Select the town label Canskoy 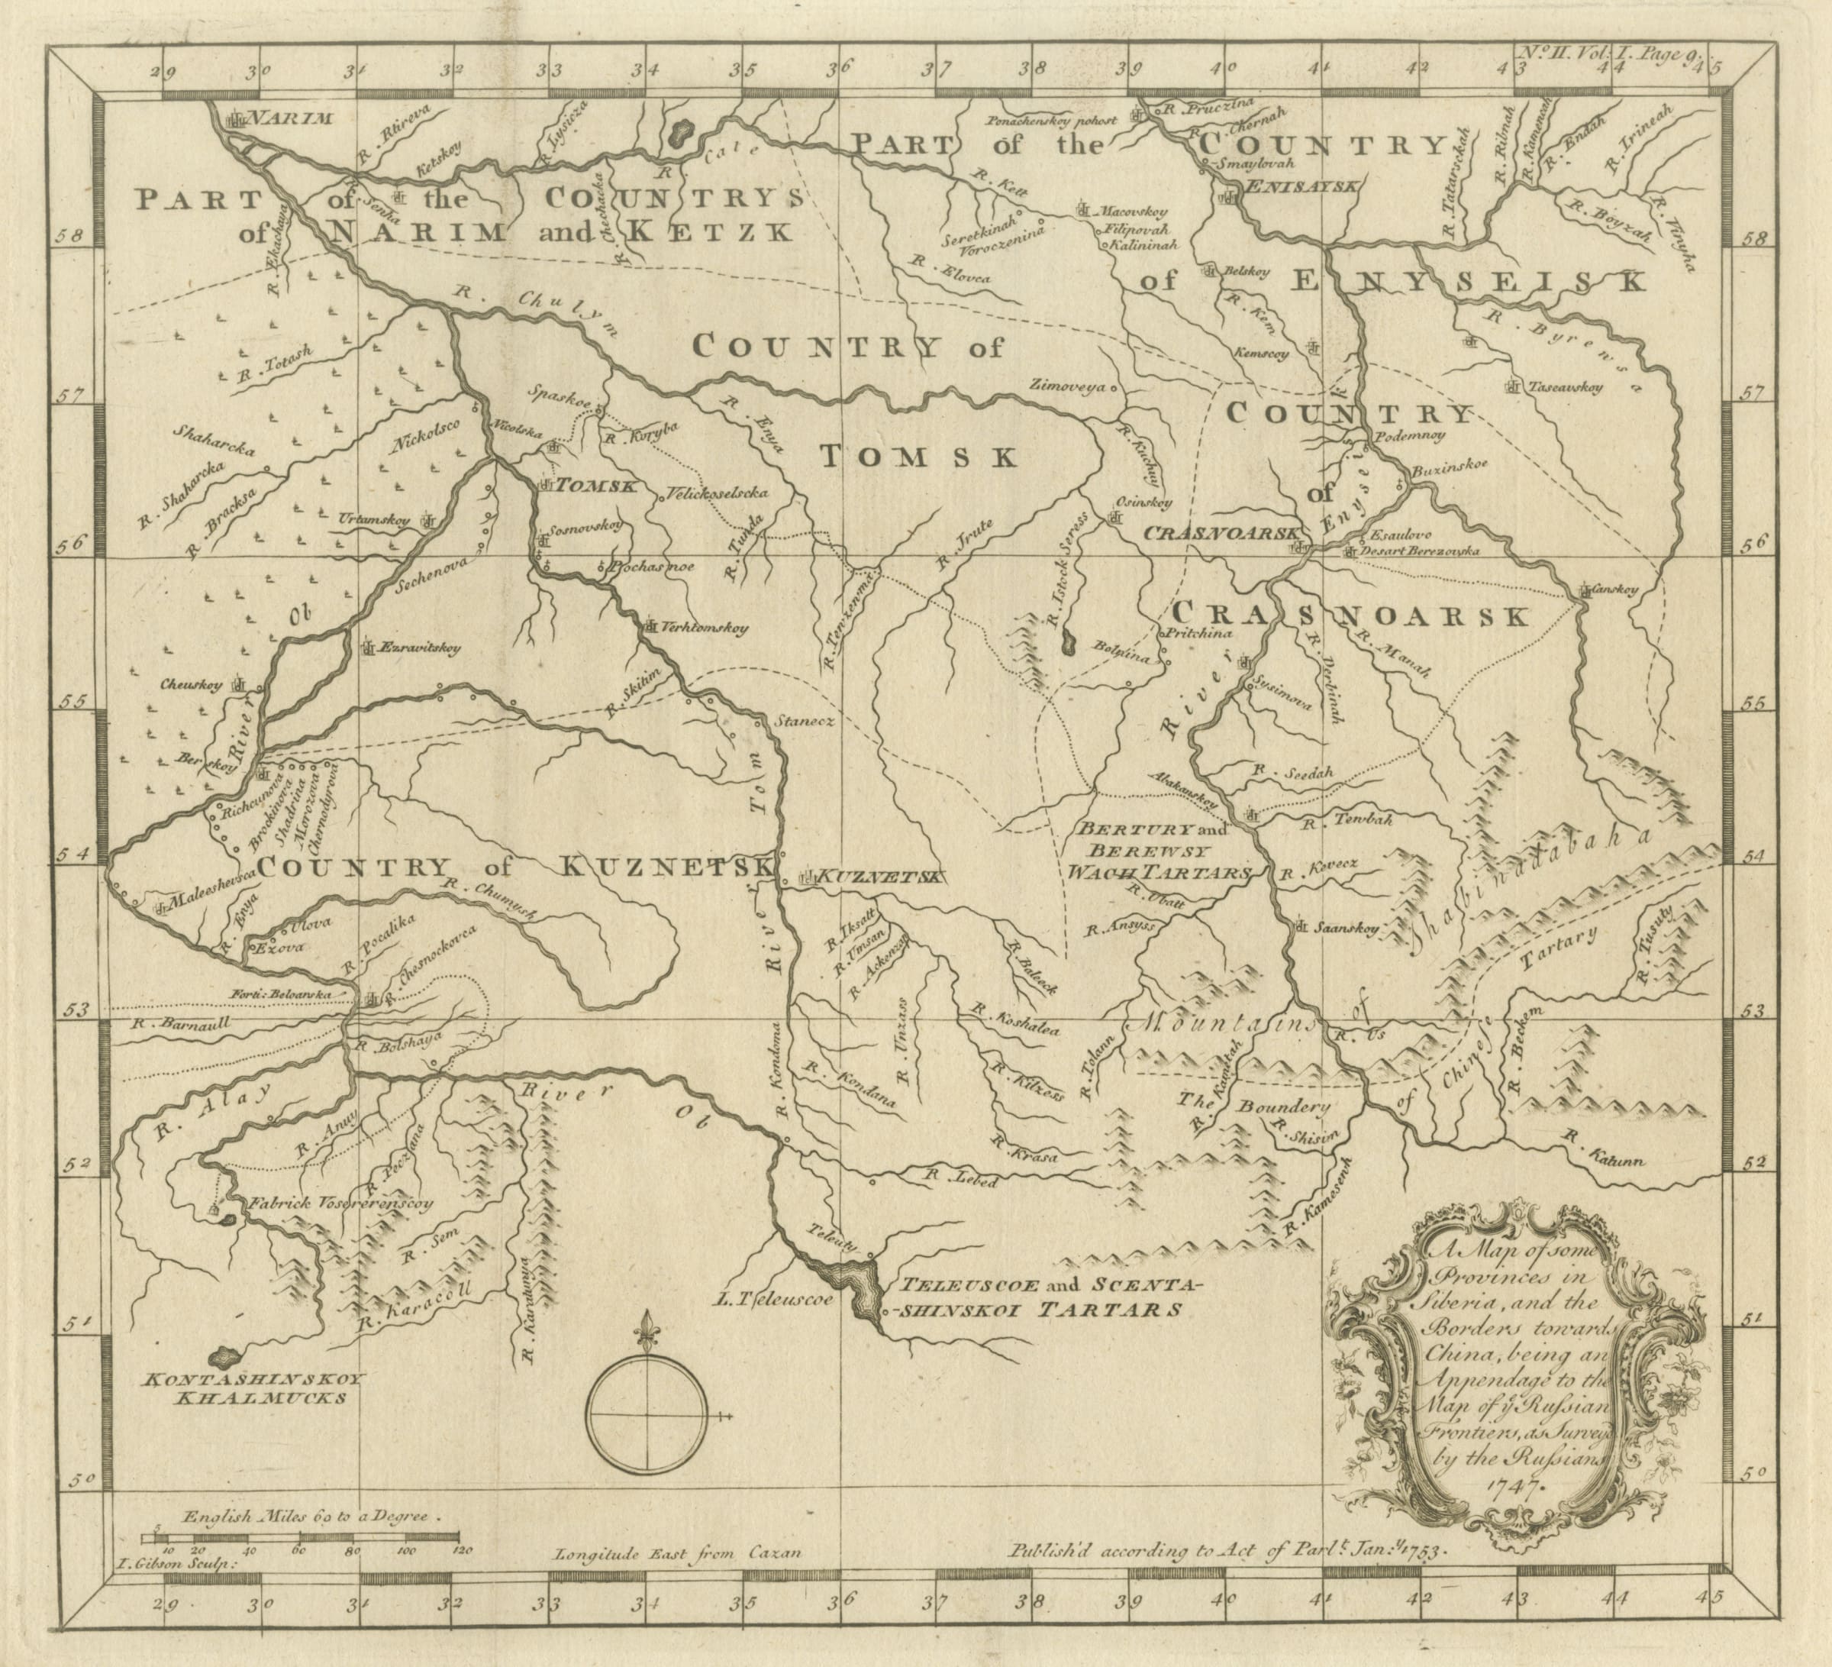click(x=1616, y=589)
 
